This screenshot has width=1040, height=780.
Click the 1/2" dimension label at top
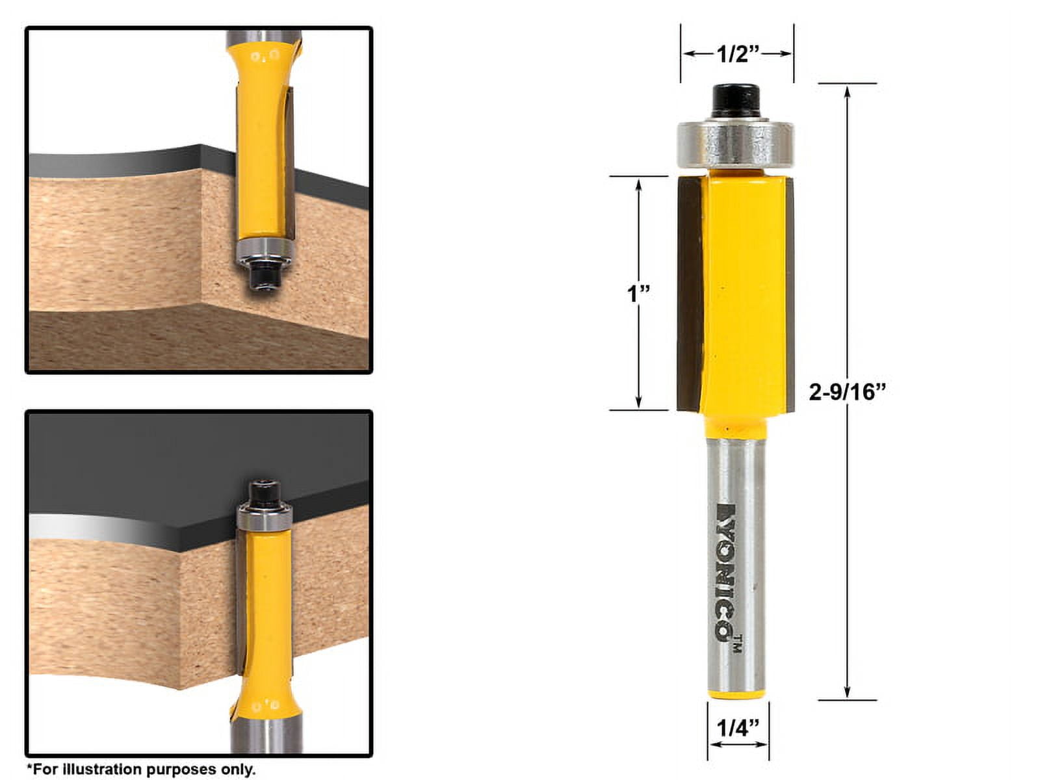tap(738, 54)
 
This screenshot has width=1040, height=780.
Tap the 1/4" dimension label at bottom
tap(738, 728)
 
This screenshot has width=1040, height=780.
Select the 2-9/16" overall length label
tap(848, 392)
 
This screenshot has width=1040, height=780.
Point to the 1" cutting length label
tap(638, 294)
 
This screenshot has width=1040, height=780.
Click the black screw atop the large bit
tap(736, 101)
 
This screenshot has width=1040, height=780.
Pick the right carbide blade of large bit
tap(790, 292)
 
